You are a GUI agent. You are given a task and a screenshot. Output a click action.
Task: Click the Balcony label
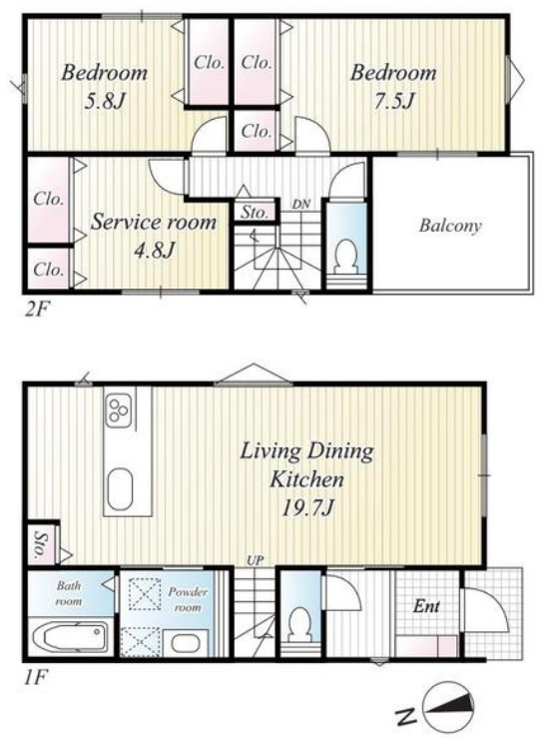[450, 226]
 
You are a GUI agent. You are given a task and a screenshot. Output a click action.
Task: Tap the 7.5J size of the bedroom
[394, 101]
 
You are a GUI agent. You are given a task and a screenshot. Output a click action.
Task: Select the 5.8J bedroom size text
[104, 101]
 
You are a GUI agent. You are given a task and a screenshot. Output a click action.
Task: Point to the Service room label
[154, 222]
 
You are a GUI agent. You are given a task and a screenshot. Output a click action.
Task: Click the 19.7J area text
[307, 508]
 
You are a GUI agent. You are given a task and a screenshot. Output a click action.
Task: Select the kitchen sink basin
[120, 488]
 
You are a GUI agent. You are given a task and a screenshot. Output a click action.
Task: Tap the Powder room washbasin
[185, 643]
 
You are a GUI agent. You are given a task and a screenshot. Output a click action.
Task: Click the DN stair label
[301, 204]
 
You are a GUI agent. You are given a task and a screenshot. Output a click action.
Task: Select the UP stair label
[255, 561]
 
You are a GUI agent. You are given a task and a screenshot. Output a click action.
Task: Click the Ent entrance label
[426, 606]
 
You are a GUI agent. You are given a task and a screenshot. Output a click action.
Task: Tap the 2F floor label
[36, 310]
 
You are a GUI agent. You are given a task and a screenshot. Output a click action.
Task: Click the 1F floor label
[35, 678]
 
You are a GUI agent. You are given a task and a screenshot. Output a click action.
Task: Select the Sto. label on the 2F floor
[255, 212]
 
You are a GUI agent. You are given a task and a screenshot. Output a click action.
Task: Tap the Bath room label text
[69, 593]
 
